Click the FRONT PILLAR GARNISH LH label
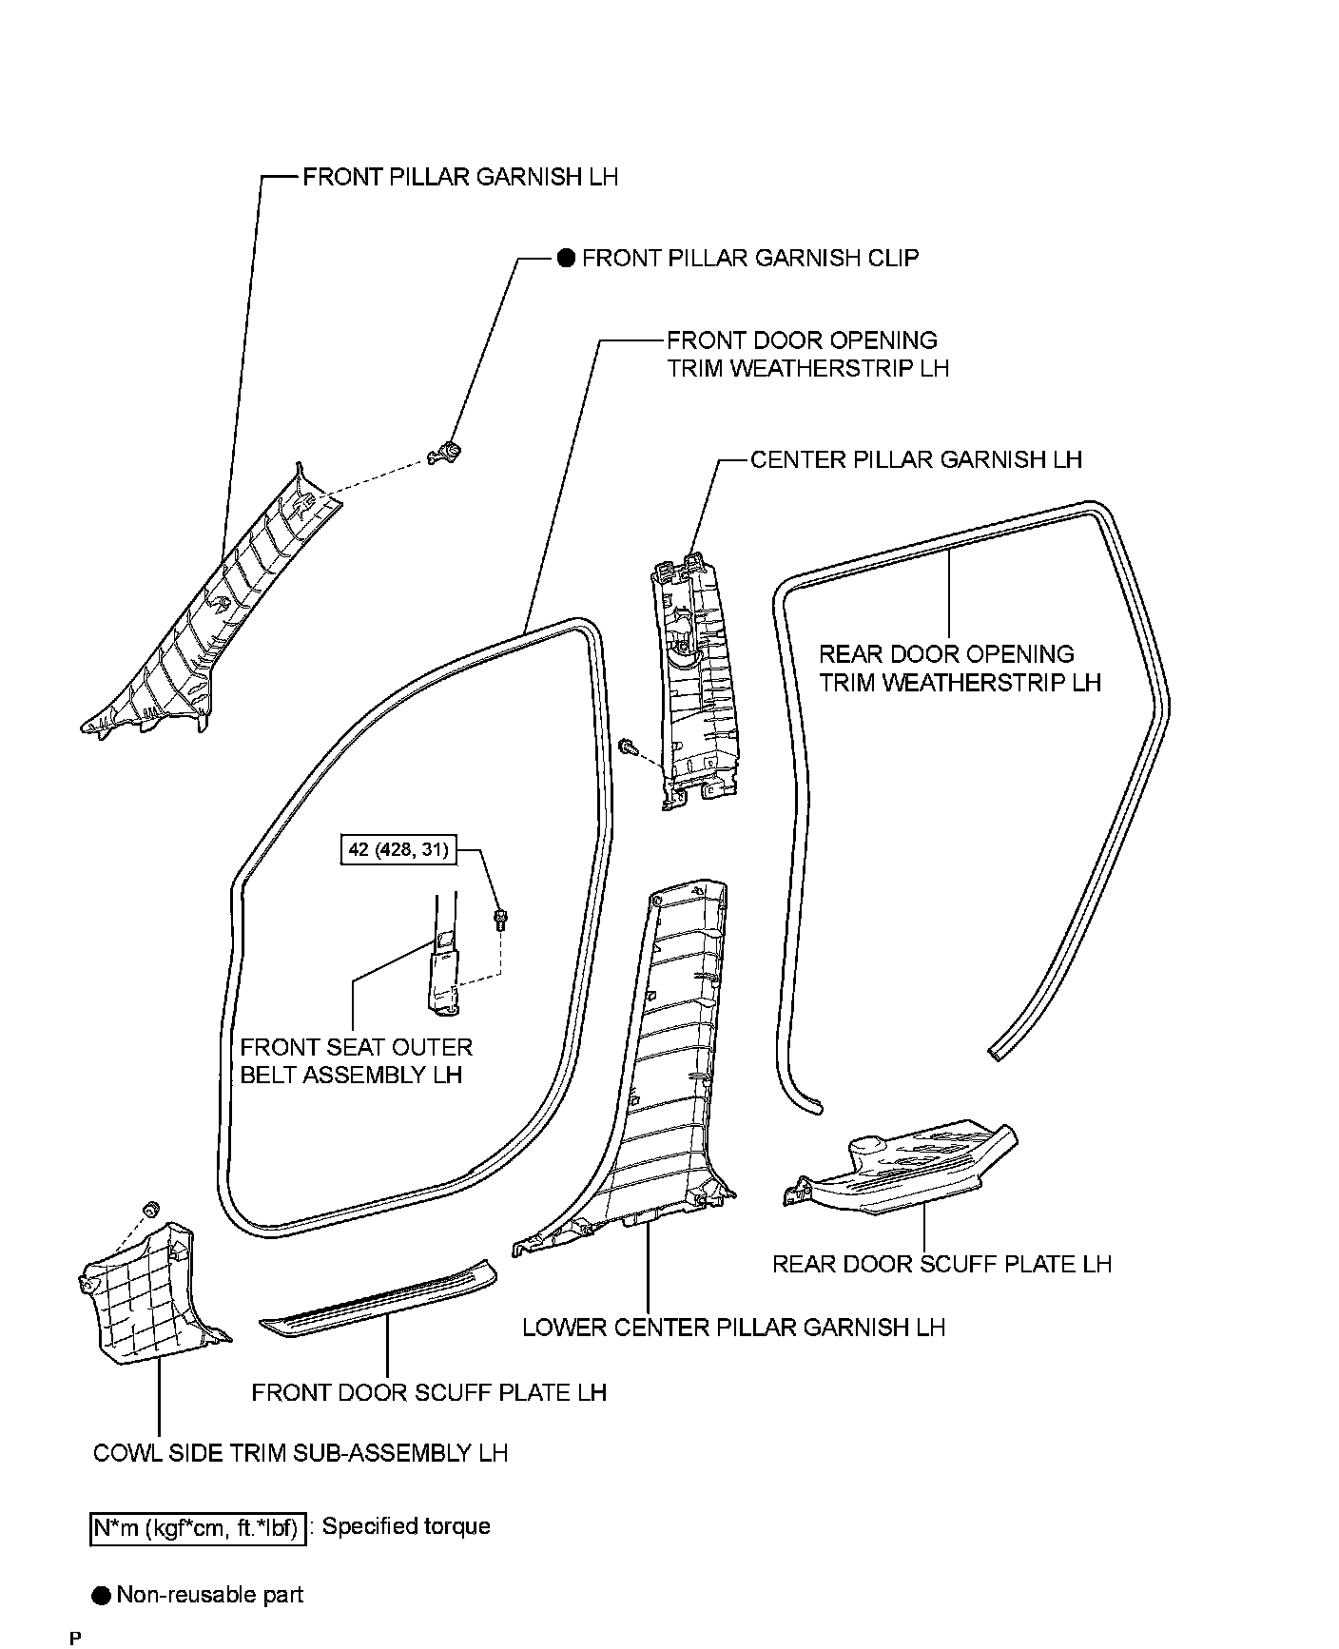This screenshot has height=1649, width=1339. click(460, 177)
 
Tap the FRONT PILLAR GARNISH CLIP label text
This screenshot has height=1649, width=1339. click(749, 258)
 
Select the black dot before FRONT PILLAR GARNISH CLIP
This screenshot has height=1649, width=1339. click(566, 258)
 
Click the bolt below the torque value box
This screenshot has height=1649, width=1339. click(500, 919)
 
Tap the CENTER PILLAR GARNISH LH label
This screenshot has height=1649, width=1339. click(916, 459)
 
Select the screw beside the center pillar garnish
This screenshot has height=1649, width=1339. click(628, 747)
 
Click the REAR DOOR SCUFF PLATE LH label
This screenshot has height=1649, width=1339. click(941, 1264)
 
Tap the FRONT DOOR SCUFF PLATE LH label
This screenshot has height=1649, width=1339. click(429, 1392)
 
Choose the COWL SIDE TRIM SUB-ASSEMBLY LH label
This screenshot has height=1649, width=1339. click(301, 1453)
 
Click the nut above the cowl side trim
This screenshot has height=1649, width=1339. click(148, 1209)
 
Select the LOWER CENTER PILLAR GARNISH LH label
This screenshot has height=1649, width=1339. click(734, 1328)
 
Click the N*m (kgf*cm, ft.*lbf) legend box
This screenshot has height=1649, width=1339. click(199, 1529)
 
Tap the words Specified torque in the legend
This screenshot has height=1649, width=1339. click(406, 1526)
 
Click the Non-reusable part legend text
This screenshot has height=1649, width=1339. click(209, 1595)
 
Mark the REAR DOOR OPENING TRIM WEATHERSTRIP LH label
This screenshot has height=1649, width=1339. click(960, 669)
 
